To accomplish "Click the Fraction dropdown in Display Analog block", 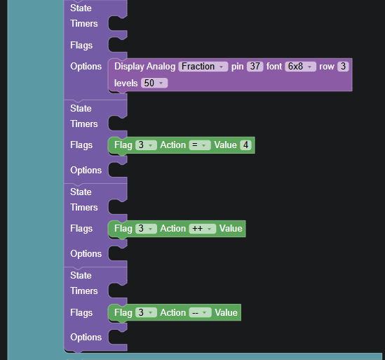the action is click(x=203, y=67).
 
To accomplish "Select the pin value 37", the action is click(x=255, y=67).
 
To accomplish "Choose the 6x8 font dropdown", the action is click(x=300, y=67).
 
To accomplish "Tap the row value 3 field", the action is click(x=343, y=67).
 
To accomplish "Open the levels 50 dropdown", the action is click(x=154, y=83).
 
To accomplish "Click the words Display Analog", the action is click(x=145, y=67).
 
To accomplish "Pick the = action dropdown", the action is click(x=200, y=145).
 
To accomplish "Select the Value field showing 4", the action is click(x=245, y=145).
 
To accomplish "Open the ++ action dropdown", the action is click(x=203, y=229).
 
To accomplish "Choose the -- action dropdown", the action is click(x=200, y=312).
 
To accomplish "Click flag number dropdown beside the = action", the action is click(x=146, y=145).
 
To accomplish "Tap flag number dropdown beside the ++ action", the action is click(x=146, y=229).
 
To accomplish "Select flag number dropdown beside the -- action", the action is click(x=146, y=312).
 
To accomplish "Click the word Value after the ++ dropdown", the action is click(x=231, y=229).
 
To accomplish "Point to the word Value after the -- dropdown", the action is click(x=226, y=312).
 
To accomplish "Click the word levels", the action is click(x=126, y=83).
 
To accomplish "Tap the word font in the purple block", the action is click(x=274, y=67).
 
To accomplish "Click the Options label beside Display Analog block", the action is click(x=86, y=67).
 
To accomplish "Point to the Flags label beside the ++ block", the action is click(x=81, y=229).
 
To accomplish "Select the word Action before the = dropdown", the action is click(x=173, y=145).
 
